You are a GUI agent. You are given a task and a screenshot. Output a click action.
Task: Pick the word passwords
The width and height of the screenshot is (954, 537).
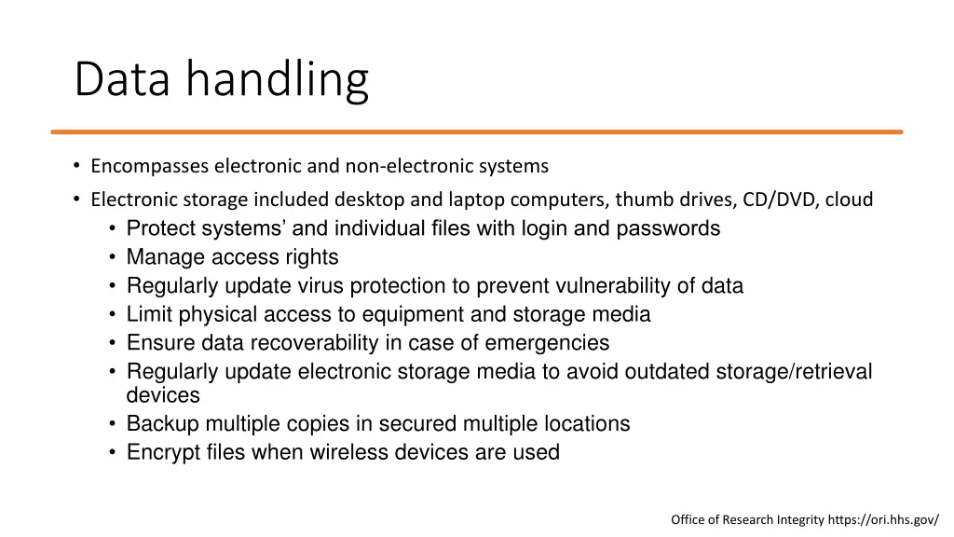(668, 228)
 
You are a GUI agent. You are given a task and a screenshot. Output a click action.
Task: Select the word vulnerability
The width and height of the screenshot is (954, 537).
(615, 286)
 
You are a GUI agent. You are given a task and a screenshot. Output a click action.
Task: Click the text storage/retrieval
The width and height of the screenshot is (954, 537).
(794, 372)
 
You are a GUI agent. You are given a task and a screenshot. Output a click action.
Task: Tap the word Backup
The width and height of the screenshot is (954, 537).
(162, 424)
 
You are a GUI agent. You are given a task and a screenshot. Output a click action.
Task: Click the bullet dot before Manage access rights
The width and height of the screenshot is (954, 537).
(112, 257)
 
